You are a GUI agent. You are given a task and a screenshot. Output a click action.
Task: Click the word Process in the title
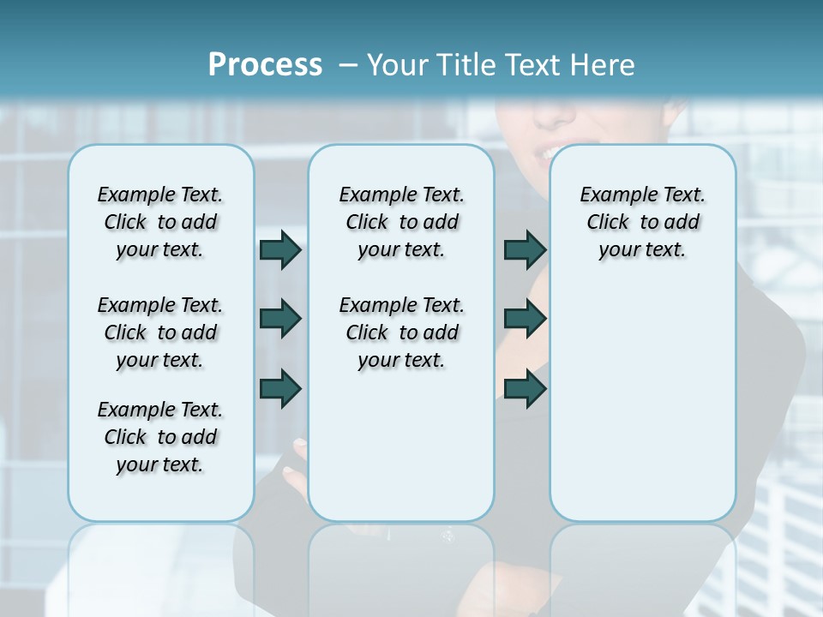(x=265, y=65)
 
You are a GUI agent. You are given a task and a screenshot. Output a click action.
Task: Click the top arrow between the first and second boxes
(x=280, y=249)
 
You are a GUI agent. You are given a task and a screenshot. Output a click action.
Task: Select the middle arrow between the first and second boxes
(x=280, y=319)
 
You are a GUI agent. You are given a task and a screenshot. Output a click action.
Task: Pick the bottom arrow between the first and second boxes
(x=280, y=388)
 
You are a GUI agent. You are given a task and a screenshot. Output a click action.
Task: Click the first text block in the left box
(x=160, y=222)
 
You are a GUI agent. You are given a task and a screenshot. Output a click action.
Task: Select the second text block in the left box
(x=160, y=332)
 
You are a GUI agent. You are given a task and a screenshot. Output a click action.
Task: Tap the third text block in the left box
(x=160, y=437)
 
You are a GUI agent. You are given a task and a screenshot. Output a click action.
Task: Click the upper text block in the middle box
(x=401, y=222)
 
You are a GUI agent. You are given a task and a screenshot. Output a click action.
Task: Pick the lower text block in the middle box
(x=401, y=332)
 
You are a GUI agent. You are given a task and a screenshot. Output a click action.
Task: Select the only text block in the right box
(x=642, y=222)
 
